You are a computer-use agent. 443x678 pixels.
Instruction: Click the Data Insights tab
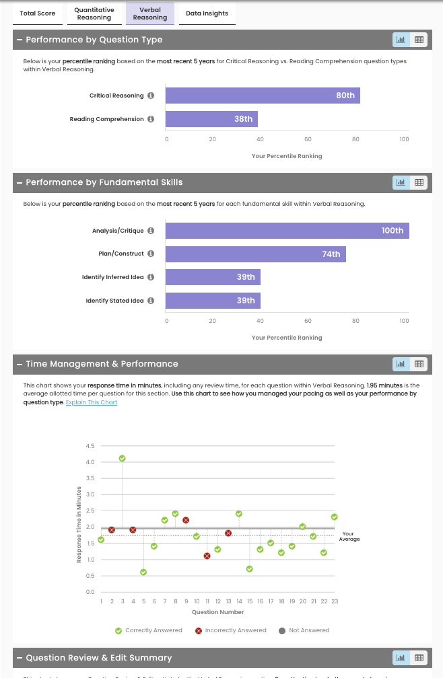click(x=207, y=13)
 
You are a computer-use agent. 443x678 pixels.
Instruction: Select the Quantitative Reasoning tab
click(x=94, y=13)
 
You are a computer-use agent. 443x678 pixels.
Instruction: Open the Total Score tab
click(x=38, y=13)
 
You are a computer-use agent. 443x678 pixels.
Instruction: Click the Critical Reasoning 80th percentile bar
click(x=263, y=96)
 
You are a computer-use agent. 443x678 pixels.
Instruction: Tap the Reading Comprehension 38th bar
click(x=211, y=119)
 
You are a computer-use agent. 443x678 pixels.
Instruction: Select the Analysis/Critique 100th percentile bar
click(x=287, y=231)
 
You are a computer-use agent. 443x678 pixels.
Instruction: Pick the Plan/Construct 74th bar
click(x=255, y=254)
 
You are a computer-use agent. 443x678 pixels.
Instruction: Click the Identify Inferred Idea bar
click(x=213, y=277)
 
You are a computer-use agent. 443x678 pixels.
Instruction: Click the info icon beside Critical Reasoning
click(x=151, y=96)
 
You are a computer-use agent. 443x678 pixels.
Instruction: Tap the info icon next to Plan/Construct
click(x=151, y=254)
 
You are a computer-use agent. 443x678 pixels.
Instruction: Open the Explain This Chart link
click(x=92, y=402)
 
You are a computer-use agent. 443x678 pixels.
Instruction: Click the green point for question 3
click(x=122, y=458)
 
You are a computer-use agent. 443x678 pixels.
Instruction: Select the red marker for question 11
click(x=207, y=556)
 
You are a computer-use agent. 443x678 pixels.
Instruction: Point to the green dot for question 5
click(x=143, y=572)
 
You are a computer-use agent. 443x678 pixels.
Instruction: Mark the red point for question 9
click(x=186, y=520)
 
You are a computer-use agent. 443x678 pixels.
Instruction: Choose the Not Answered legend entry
click(x=304, y=630)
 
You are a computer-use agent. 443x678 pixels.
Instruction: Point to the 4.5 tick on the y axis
click(x=90, y=446)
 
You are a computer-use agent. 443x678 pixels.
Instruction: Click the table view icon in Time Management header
click(x=419, y=364)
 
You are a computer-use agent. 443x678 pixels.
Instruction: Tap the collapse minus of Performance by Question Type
click(x=20, y=40)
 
